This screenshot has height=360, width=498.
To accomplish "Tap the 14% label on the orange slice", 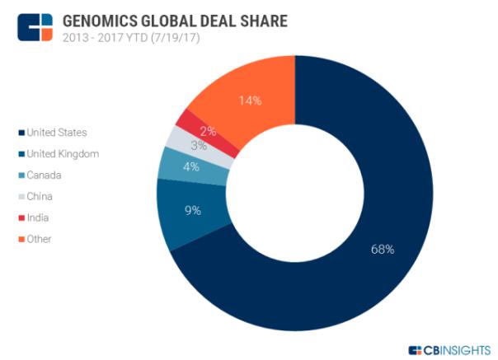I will pyautogui.click(x=251, y=101).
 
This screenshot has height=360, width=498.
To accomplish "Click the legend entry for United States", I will pyautogui.click(x=56, y=132).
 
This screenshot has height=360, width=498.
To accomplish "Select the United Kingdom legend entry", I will pyautogui.click(x=62, y=153).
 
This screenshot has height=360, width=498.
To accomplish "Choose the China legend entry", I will pyautogui.click(x=40, y=196).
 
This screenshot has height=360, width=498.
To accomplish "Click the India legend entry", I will pyautogui.click(x=38, y=217).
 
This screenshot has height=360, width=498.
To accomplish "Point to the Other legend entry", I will pyautogui.click(x=40, y=239).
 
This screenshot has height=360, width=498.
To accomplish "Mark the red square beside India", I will pyautogui.click(x=21, y=217).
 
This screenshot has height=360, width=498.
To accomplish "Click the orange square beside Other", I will pyautogui.click(x=21, y=239).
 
